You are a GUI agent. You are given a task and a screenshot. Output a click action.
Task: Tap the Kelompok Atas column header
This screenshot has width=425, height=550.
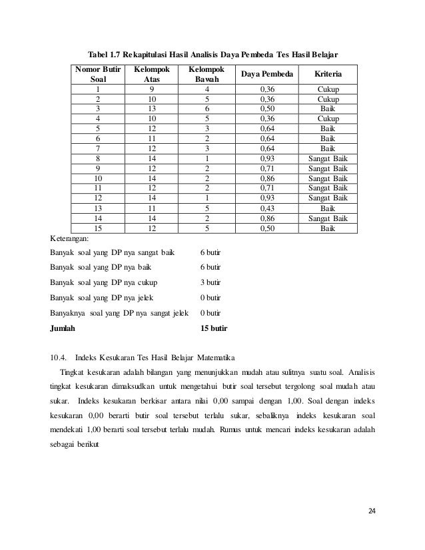pyautogui.click(x=152, y=74)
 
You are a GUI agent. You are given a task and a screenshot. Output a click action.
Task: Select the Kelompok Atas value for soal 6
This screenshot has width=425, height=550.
pyautogui.click(x=152, y=138)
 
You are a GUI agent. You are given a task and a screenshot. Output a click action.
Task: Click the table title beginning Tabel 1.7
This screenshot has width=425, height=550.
pyautogui.click(x=213, y=53)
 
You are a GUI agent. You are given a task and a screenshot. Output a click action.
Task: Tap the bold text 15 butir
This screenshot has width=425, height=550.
pyautogui.click(x=214, y=328)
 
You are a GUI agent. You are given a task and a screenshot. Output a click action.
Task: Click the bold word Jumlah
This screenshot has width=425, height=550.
pyautogui.click(x=63, y=328)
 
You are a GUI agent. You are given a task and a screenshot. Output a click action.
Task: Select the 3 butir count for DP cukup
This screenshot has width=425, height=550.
pyautogui.click(x=211, y=282)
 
